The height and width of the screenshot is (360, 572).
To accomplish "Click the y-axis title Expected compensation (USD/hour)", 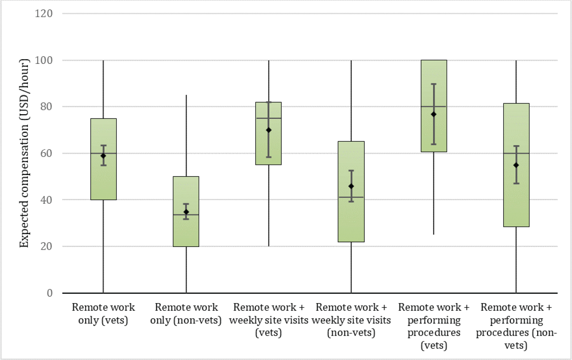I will pyautogui.click(x=24, y=153).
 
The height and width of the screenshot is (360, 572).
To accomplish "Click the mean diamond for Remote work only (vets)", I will pyautogui.click(x=103, y=156).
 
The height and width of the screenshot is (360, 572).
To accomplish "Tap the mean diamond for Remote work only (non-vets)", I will pyautogui.click(x=186, y=212).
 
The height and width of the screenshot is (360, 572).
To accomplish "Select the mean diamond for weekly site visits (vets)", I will pyautogui.click(x=269, y=130).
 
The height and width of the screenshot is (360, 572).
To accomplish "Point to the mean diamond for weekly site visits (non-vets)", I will pyautogui.click(x=351, y=186).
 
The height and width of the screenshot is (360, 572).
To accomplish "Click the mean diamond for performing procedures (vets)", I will pyautogui.click(x=433, y=114).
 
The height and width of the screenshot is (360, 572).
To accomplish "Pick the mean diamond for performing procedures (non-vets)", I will pyautogui.click(x=516, y=165).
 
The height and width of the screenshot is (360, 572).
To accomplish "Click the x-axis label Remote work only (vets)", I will pyautogui.click(x=103, y=314).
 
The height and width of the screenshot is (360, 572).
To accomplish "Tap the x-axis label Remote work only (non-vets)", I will pyautogui.click(x=186, y=314).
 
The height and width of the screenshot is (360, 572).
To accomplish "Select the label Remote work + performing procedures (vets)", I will pyautogui.click(x=433, y=326).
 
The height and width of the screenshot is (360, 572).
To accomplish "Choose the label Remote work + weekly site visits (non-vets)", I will pyautogui.click(x=351, y=320).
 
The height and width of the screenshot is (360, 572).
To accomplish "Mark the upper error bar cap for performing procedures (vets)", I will pyautogui.click(x=433, y=84).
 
